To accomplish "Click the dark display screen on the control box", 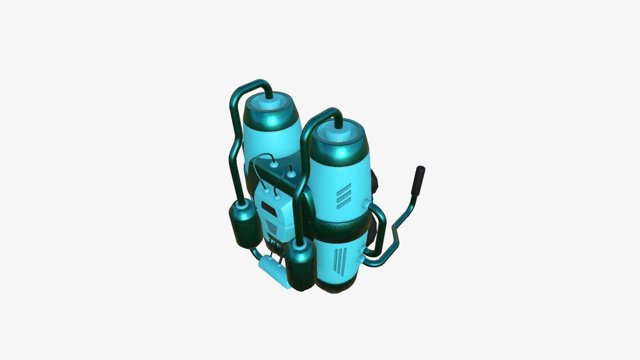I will click(x=269, y=208).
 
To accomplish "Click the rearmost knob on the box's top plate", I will click(x=273, y=164).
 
